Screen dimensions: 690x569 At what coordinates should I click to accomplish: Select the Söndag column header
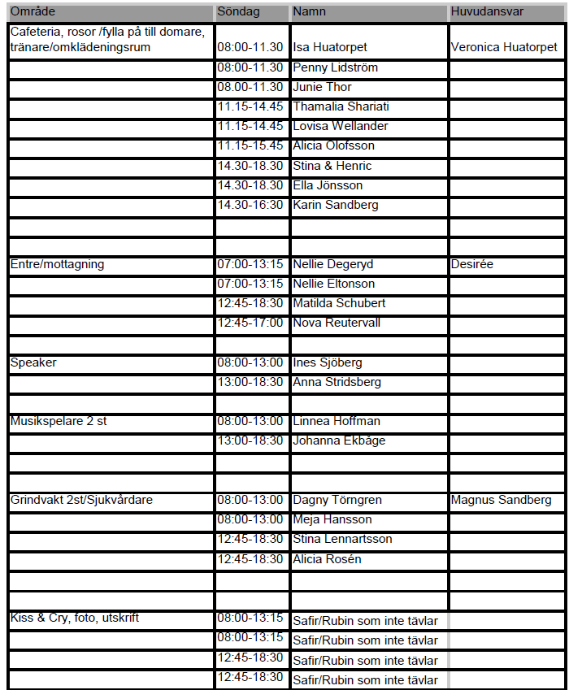pos(238,12)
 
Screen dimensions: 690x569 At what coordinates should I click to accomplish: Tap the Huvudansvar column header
pos(487,12)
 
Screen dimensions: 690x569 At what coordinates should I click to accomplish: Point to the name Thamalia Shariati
pos(341,106)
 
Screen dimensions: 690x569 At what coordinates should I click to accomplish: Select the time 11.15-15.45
pos(250,145)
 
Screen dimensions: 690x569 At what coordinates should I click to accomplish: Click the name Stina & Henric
pos(332,166)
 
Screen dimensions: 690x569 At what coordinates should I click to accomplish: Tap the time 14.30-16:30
pos(250,205)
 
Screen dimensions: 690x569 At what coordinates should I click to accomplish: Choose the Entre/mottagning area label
pos(57,264)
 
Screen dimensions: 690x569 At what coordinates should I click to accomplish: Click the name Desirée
pos(472,264)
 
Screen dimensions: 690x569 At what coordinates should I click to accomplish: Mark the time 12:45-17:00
pos(250,323)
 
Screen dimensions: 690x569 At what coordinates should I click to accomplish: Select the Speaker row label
pos(33,362)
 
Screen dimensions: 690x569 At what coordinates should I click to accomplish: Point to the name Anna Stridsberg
pos(337,382)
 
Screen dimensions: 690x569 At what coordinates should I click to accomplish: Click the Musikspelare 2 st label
pos(59,421)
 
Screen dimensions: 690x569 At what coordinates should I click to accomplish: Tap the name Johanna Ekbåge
pos(339,440)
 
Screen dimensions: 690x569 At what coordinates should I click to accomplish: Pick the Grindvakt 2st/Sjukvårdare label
pos(80,500)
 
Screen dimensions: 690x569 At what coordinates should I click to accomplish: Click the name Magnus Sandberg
pos(501,500)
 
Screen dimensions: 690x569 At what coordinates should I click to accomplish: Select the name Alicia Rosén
pos(327,559)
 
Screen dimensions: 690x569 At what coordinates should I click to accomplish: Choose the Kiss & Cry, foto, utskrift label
pos(74,618)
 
